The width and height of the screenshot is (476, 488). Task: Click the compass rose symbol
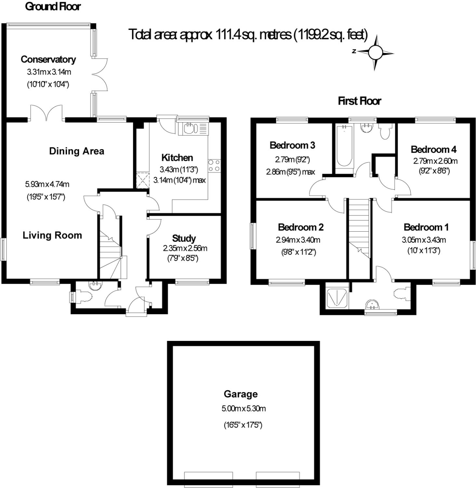(376, 52)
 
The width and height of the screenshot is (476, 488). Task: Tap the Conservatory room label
(48, 59)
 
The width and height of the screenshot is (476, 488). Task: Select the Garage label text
(241, 394)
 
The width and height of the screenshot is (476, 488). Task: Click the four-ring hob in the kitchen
(214, 165)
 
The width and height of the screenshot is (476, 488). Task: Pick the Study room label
(184, 238)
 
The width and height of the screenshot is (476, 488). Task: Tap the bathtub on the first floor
(344, 146)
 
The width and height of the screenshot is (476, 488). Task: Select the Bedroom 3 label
(292, 145)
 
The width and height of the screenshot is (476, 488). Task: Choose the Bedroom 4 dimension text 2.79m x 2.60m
(435, 161)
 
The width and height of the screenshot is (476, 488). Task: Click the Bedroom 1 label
(426, 227)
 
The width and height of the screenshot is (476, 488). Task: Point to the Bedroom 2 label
(301, 227)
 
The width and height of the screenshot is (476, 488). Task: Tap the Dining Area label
(77, 151)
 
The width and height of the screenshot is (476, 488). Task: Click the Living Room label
(52, 235)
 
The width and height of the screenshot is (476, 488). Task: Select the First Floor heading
(359, 101)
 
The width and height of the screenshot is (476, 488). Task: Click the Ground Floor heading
(53, 6)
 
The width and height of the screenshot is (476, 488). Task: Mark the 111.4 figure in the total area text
(228, 34)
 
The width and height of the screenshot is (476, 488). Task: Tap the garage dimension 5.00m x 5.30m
(244, 409)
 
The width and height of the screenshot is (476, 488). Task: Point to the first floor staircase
(359, 228)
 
